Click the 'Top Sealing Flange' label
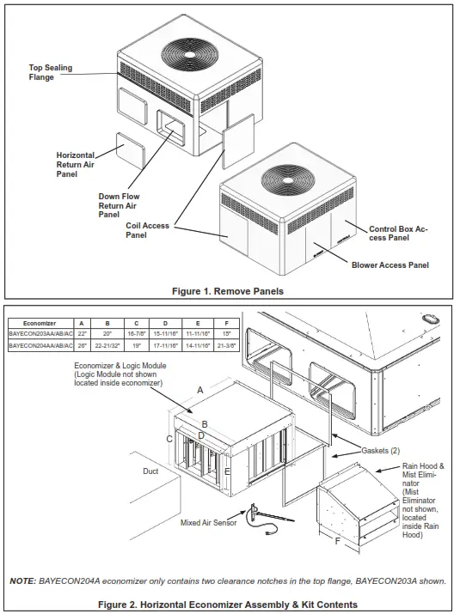[48, 71]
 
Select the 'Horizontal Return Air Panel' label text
[78, 164]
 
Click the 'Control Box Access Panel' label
[398, 234]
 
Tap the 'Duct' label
[150, 471]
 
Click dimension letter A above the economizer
[200, 389]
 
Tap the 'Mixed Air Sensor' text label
[209, 521]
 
